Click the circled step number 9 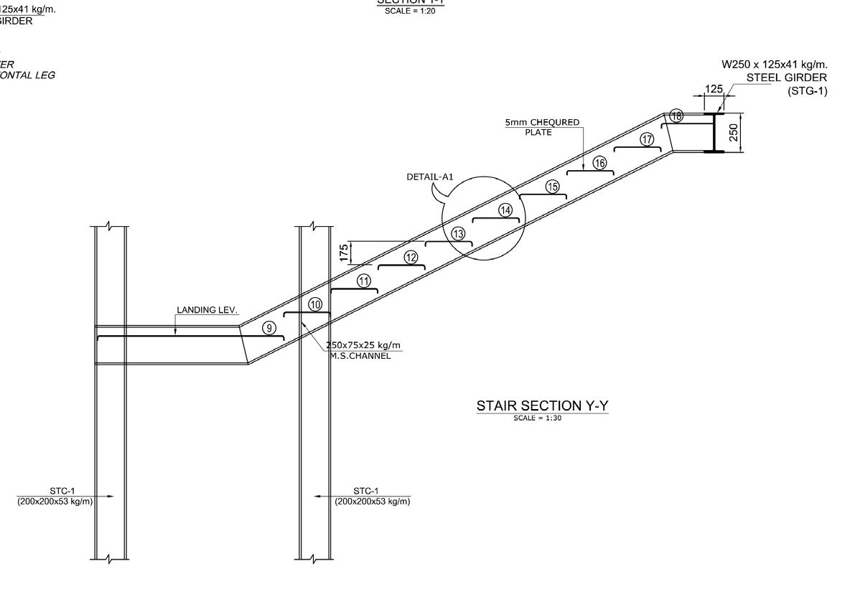click(269, 328)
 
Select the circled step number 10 click(315, 304)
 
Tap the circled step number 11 click(364, 281)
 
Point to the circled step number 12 click(411, 258)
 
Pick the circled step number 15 click(552, 187)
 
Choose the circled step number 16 click(599, 163)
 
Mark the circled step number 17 click(648, 139)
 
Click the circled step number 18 click(676, 116)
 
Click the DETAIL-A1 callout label click(430, 177)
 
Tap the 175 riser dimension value click(345, 252)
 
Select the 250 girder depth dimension click(734, 133)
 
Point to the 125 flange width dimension click(714, 90)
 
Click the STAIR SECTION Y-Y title click(542, 406)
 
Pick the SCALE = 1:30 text click(537, 418)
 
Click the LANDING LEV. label click(207, 310)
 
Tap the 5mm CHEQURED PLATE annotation click(542, 126)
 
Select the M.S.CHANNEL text click(361, 356)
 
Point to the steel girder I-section click(714, 133)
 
